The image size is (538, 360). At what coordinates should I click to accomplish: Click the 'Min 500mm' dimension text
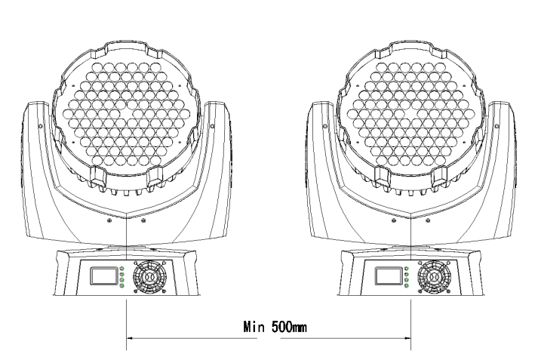(275, 327)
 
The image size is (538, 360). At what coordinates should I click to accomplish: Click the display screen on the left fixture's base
(103, 276)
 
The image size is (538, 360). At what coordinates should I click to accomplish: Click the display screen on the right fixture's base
(388, 276)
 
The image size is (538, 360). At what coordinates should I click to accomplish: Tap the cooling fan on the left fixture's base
(149, 277)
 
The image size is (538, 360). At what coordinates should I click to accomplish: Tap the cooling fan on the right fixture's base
(435, 277)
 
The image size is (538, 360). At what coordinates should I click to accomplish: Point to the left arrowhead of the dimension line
(130, 338)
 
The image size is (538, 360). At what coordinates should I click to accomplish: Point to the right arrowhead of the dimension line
(407, 338)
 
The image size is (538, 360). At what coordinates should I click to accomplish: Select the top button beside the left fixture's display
(122, 269)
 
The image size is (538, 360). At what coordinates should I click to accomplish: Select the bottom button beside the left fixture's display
(122, 285)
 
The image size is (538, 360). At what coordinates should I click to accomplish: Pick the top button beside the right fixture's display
(407, 269)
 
